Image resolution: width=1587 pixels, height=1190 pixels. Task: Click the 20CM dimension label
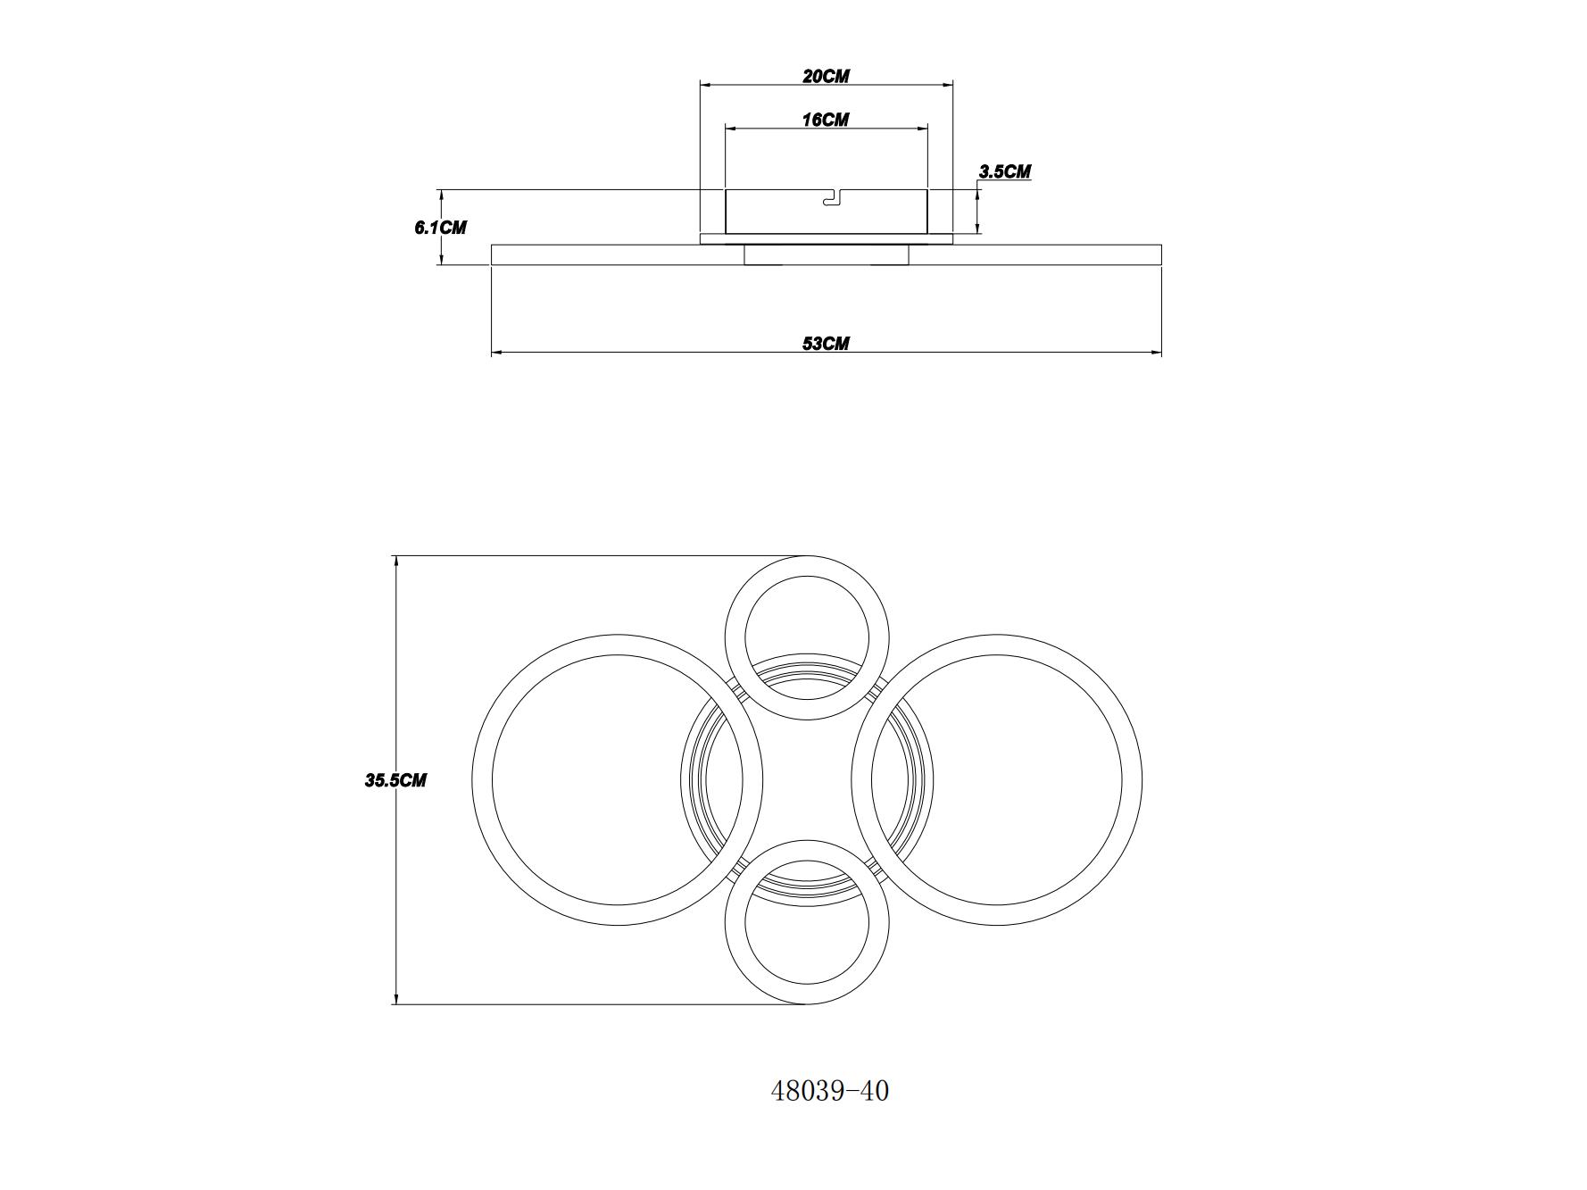coord(826,76)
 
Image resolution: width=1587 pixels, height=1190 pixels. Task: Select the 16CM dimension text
coord(826,120)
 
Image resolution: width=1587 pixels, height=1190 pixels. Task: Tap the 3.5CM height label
coord(1005,171)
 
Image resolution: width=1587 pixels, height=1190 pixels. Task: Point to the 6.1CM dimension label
coord(440,228)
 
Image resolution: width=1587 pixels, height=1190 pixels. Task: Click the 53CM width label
coord(826,344)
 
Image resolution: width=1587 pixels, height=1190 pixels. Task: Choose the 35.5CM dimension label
coord(395,780)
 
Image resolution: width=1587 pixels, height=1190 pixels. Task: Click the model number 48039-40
coord(830,1091)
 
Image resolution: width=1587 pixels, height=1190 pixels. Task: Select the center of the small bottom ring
coord(807,922)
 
